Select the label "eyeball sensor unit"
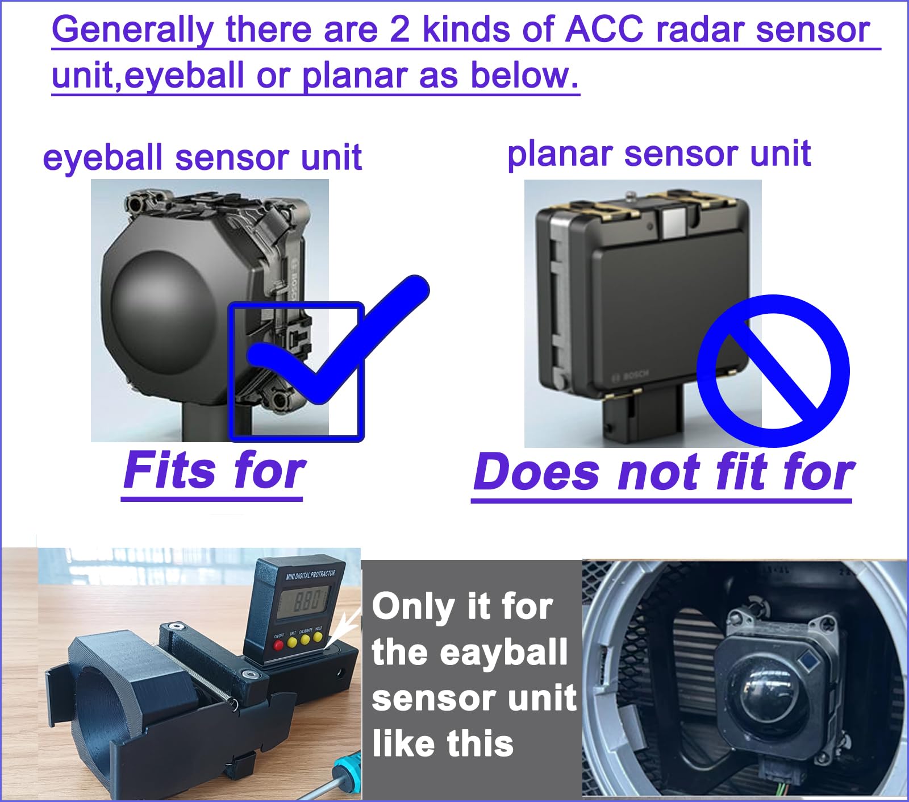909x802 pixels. coord(202,157)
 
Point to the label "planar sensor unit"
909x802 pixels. coord(659,153)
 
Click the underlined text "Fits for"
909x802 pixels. coord(214,471)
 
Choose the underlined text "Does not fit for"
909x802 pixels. coord(663,472)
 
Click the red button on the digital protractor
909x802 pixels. coord(278,646)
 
